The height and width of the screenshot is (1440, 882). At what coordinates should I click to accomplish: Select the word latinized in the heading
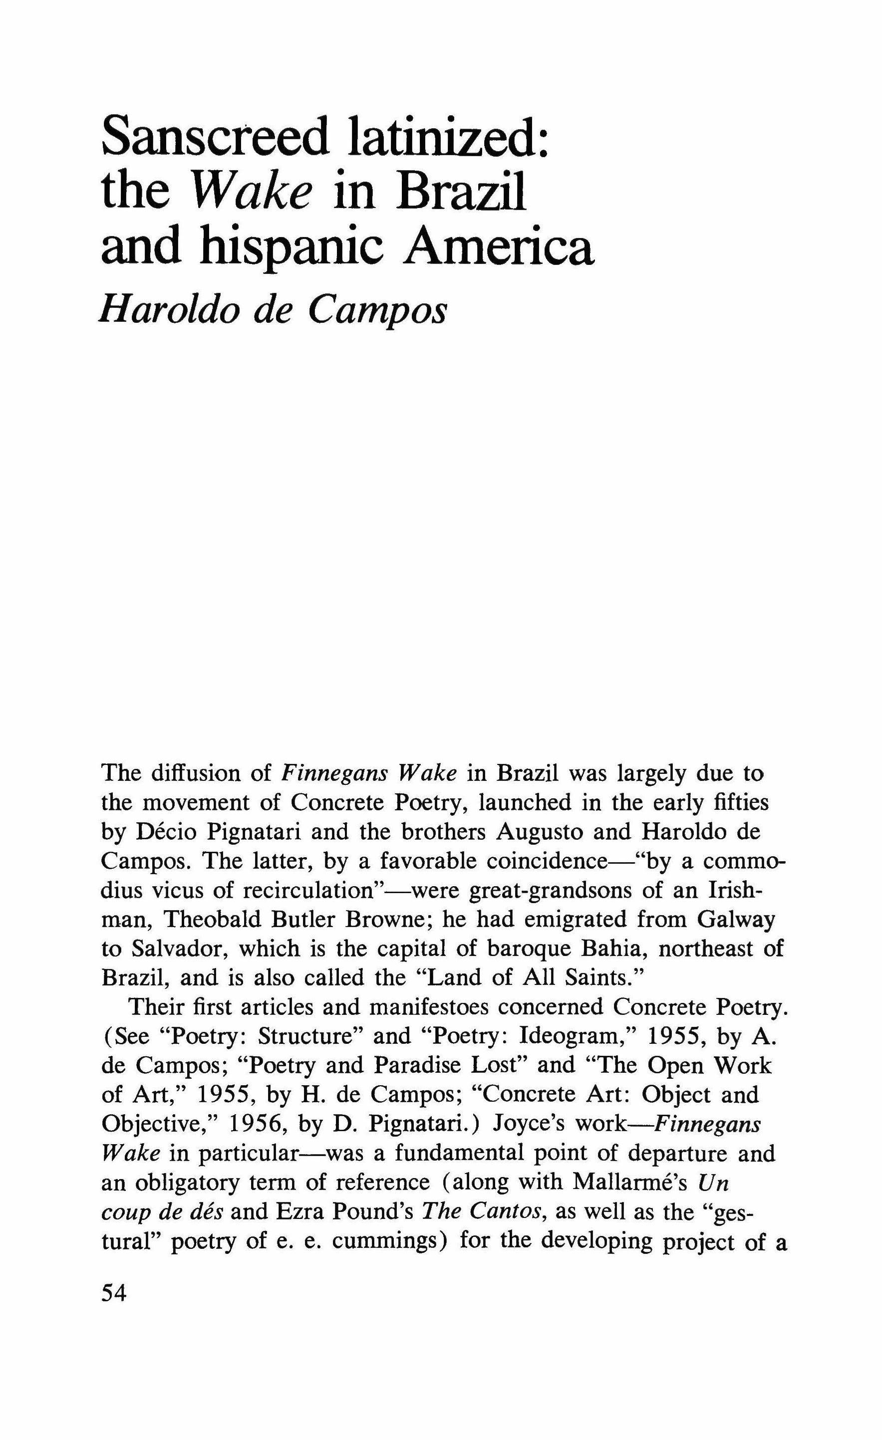[447, 136]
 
